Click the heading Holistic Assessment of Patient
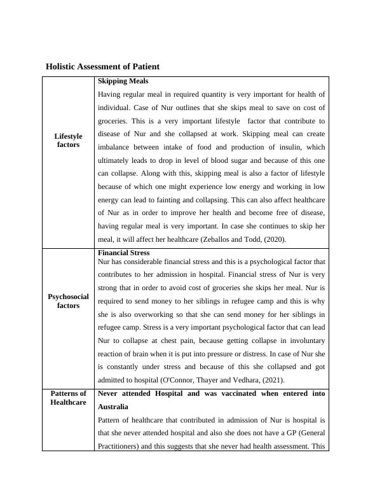(x=102, y=66)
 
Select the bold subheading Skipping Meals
(x=123, y=81)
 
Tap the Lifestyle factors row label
(x=68, y=141)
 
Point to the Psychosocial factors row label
(x=68, y=301)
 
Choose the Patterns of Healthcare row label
(x=68, y=398)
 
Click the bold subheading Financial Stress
(x=125, y=253)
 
